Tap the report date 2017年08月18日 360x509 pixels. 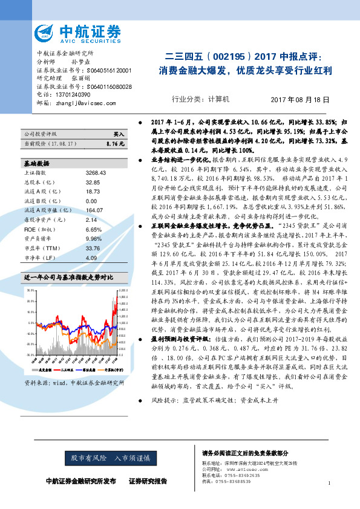[x=302, y=99]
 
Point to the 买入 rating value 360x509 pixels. [x=119, y=134]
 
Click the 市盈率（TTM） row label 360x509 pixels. [x=43, y=248]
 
